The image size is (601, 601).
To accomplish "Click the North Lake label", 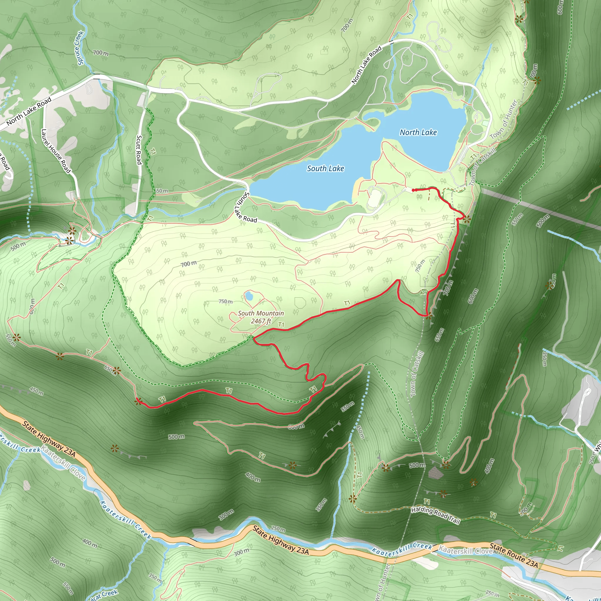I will pyautogui.click(x=418, y=133).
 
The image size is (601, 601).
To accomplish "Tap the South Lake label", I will pyautogui.click(x=325, y=169).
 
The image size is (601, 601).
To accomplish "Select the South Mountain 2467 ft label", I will pyautogui.click(x=261, y=317).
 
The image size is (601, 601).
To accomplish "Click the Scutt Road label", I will pyautogui.click(x=139, y=150).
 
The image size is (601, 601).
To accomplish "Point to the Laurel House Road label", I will pyautogui.click(x=56, y=151).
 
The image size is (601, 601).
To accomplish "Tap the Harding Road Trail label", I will pyautogui.click(x=435, y=515).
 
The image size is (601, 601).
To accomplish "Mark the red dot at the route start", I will pyautogui.click(x=413, y=190).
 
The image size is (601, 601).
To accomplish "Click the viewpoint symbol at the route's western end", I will pyautogui.click(x=138, y=401).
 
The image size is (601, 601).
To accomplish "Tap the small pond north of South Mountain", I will pyautogui.click(x=249, y=296).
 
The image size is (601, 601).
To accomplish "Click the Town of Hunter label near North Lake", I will pyautogui.click(x=503, y=120).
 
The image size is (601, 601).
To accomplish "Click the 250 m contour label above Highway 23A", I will pyautogui.click(x=278, y=529).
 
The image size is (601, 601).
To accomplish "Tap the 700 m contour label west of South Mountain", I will pyautogui.click(x=189, y=264).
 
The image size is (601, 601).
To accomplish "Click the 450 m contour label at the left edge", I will pyautogui.click(x=36, y=391).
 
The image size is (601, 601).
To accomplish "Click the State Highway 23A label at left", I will pyautogui.click(x=49, y=439).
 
